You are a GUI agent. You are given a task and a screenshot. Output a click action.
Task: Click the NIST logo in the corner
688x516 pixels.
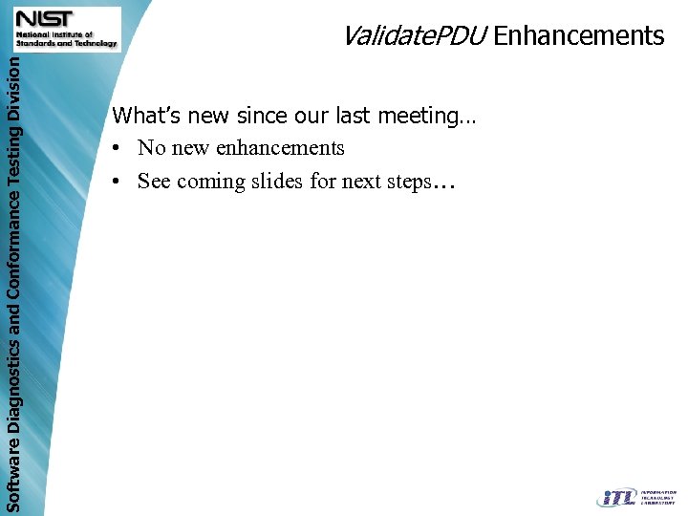point(66,29)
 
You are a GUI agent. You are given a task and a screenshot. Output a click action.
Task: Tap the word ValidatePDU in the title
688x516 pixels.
point(415,36)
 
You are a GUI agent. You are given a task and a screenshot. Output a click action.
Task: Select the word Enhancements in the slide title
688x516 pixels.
point(579,36)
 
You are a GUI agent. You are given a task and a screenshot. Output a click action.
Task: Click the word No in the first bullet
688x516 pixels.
point(151,148)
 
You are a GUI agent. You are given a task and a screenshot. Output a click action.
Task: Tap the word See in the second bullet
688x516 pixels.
point(154,182)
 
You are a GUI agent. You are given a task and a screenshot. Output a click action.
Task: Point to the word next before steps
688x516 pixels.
point(359,182)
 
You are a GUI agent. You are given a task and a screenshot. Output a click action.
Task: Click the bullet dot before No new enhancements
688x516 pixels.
point(116,149)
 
